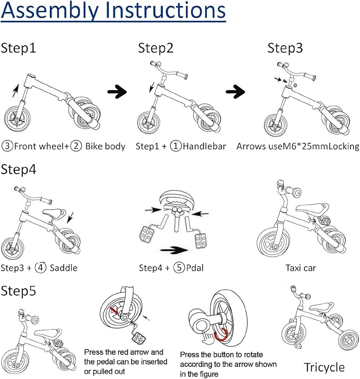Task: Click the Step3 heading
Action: [x=285, y=48]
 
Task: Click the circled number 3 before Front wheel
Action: [x=7, y=146]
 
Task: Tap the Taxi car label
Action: [x=301, y=268]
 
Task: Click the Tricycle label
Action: [x=324, y=367]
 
